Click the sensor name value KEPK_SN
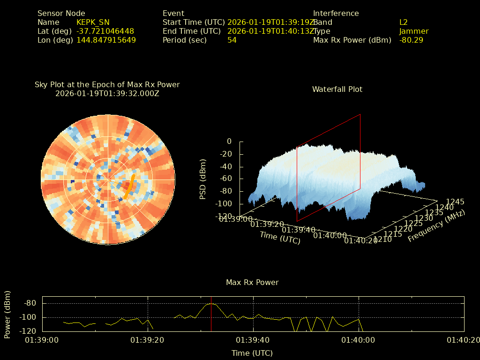(93, 22)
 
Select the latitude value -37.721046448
(105, 31)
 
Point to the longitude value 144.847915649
(106, 40)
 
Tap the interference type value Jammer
(414, 31)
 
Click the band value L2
(404, 22)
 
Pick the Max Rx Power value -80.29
(411, 40)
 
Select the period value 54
(232, 40)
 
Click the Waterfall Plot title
(337, 89)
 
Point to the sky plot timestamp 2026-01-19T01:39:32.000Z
(107, 93)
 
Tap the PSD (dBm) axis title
(203, 179)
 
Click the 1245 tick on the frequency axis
(455, 202)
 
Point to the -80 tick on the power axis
(30, 303)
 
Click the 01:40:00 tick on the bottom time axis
(359, 340)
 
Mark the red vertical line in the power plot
(211, 314)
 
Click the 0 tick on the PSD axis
(229, 141)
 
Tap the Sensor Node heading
(61, 14)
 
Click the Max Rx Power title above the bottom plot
(252, 283)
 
